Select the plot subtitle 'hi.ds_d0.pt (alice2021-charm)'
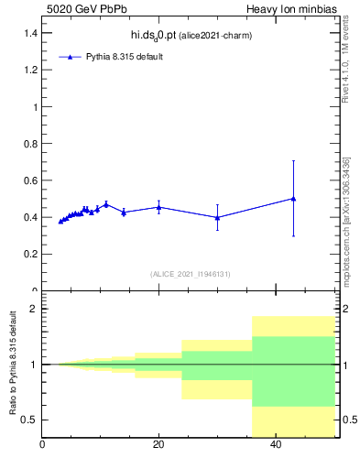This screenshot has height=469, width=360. point(191,36)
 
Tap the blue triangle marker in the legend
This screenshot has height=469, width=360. point(71,57)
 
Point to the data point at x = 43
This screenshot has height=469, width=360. point(293,198)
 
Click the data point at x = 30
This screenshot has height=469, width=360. point(217,217)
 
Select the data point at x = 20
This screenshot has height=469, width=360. point(158,207)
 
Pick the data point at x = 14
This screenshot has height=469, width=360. point(124,212)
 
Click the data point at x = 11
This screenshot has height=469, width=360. point(106,203)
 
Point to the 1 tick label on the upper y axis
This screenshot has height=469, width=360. point(35,107)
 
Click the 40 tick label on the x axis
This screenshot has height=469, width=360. point(276,445)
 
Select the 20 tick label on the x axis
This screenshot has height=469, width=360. point(158,445)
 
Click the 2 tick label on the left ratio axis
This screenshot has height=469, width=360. point(34,310)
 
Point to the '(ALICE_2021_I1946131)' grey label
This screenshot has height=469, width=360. point(190,274)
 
